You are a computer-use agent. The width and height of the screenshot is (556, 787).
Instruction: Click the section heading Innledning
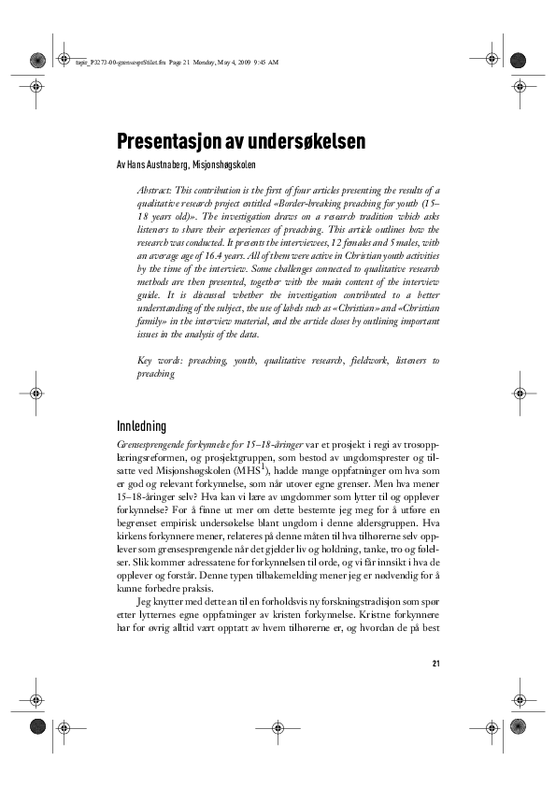141,425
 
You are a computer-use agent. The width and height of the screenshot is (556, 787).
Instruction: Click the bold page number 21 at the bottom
435,664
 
